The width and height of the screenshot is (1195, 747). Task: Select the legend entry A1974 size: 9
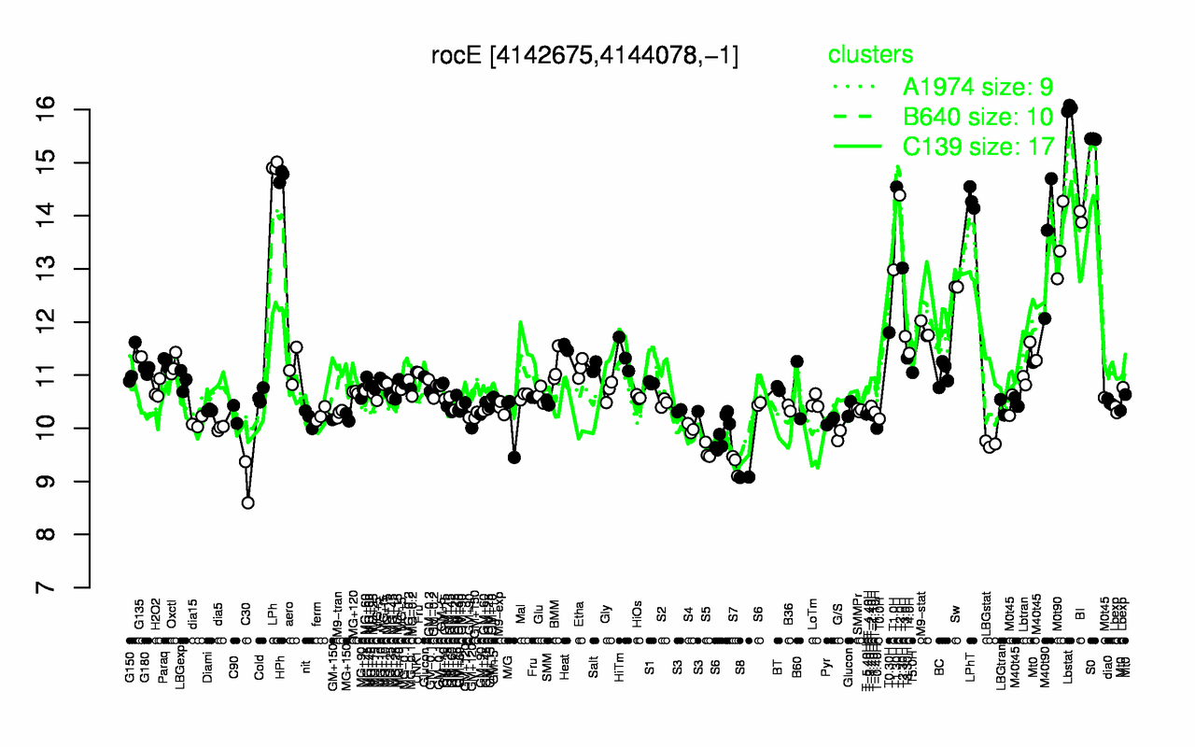(977, 87)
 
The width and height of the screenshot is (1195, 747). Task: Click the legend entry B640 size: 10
(977, 117)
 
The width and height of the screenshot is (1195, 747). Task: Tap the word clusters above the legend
(870, 55)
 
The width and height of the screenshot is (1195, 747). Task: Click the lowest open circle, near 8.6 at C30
(247, 502)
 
